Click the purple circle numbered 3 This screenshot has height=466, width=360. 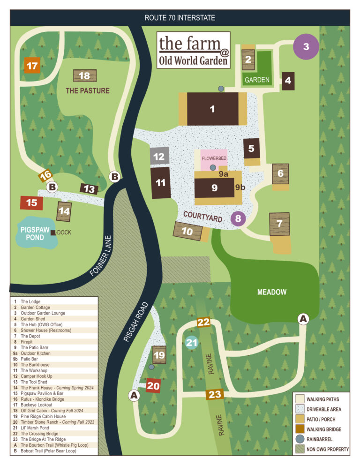[306, 46]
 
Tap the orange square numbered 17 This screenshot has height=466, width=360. [32, 66]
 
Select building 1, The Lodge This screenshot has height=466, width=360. [212, 109]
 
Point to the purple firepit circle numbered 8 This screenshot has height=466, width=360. [238, 218]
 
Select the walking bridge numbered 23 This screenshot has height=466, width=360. [215, 394]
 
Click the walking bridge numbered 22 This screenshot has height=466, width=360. [203, 322]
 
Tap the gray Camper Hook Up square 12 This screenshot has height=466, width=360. [159, 157]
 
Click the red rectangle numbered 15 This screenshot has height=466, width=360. [31, 203]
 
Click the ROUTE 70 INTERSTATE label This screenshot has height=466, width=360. [180, 18]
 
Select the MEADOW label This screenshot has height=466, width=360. [271, 292]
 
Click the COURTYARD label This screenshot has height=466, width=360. [202, 216]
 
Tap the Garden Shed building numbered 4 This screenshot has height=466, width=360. [288, 80]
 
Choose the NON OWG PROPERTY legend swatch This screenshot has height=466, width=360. [300, 449]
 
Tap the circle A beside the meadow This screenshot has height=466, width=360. [303, 318]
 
